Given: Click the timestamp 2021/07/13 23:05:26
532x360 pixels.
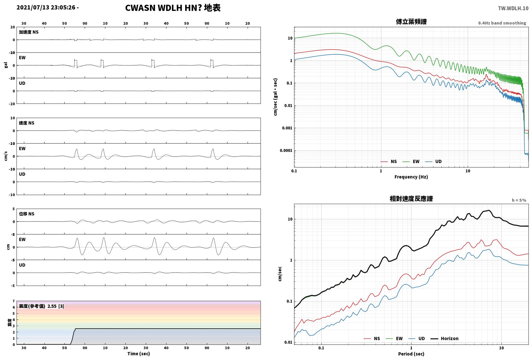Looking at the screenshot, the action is (x=46, y=8).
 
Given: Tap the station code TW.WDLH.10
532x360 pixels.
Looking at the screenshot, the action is (x=513, y=8).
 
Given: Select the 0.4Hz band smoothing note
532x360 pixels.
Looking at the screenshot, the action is (x=502, y=23).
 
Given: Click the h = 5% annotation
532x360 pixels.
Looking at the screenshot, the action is (x=519, y=200).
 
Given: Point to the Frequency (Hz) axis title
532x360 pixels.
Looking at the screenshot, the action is (x=411, y=177).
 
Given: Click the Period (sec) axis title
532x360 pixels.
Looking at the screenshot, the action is (x=411, y=354).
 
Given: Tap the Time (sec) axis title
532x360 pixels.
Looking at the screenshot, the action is (x=139, y=354).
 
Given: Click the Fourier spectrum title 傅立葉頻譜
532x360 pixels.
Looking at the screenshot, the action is (x=411, y=22).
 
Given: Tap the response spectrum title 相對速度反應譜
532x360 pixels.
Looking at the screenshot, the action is (x=411, y=199).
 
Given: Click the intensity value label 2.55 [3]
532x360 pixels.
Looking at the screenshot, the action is (x=56, y=306).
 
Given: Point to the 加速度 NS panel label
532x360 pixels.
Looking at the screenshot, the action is (x=29, y=32).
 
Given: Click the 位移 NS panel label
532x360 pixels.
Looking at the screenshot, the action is (x=27, y=214).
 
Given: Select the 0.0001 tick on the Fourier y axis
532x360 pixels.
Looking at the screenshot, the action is (x=286, y=150).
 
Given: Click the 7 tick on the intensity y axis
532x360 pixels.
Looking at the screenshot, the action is (x=14, y=301).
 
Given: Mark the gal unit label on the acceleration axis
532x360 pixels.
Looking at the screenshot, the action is (x=6, y=65).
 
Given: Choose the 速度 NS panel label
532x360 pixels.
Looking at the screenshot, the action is (x=27, y=123).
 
